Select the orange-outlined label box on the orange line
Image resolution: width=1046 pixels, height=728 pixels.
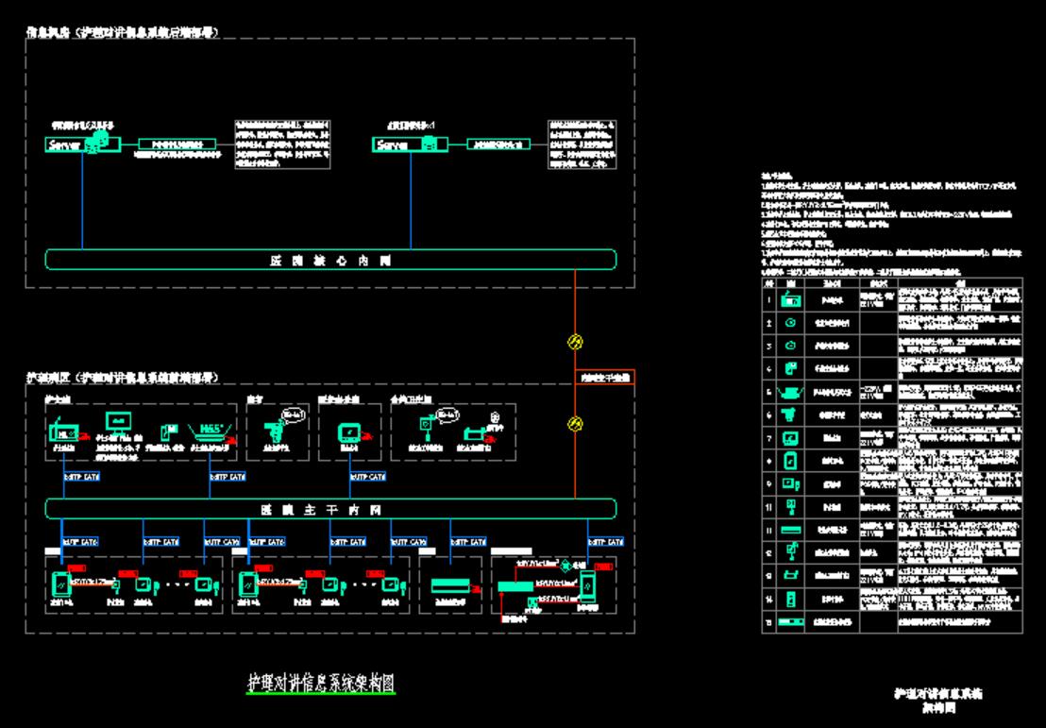(x=604, y=378)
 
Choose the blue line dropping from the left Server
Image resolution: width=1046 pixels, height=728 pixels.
(x=82, y=198)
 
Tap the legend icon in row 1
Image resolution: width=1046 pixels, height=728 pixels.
(x=791, y=300)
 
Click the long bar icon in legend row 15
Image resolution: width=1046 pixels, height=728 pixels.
(x=791, y=620)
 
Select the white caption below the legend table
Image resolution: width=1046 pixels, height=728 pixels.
(x=939, y=699)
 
